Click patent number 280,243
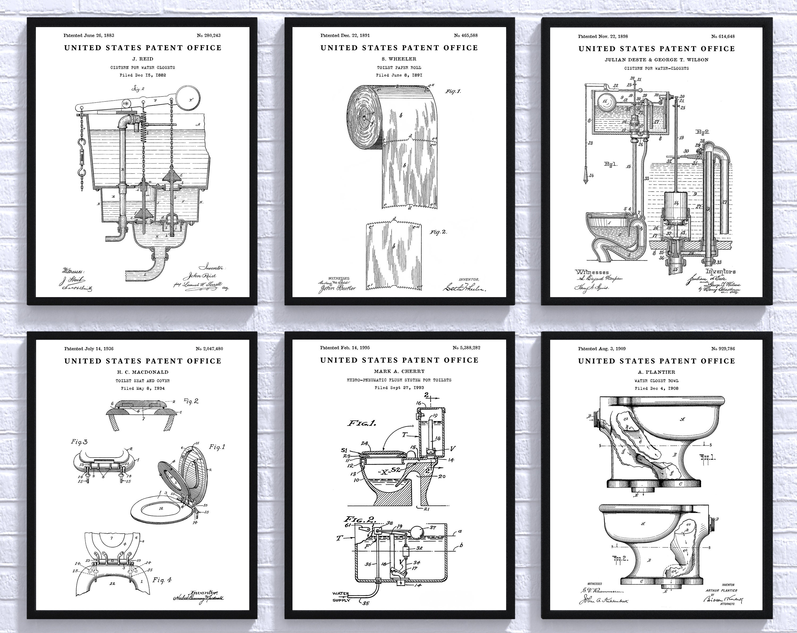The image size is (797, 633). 209,36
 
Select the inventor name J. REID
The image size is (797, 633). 142,59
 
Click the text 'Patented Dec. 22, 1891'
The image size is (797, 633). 345,36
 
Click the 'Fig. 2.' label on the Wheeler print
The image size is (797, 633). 438,232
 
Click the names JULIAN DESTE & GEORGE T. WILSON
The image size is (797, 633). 656,60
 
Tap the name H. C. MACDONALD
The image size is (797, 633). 142,372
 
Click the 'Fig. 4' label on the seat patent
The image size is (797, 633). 162,580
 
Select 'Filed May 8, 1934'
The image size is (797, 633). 143,389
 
